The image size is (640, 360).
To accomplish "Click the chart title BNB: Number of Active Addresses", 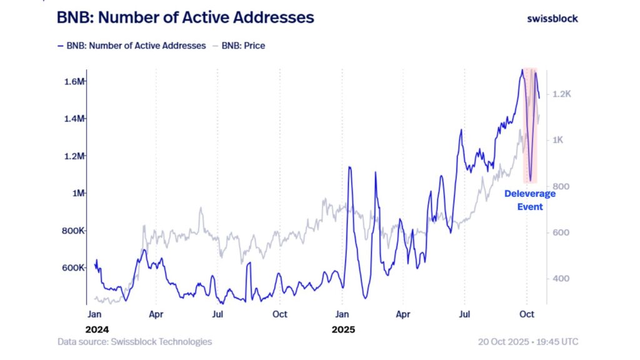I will tap(186, 17).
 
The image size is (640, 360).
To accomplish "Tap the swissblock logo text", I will tap(552, 18).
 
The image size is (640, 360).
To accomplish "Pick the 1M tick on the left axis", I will tap(79, 193).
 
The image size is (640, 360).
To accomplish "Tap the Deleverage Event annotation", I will tap(529, 199).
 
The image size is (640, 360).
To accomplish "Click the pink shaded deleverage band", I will tap(530, 125).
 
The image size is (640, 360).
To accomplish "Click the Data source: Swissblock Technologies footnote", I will tap(134, 342).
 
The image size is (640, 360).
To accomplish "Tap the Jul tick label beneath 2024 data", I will tap(217, 314).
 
